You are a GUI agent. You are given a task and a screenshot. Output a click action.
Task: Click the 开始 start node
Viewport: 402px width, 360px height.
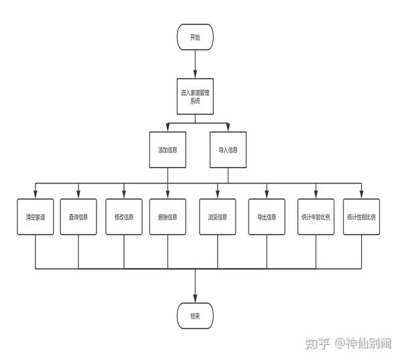[x=195, y=37]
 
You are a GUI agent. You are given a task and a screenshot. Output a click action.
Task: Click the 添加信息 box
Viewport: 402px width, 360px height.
[x=167, y=149]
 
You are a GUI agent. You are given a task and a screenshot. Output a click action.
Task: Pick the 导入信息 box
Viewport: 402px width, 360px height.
[x=228, y=149]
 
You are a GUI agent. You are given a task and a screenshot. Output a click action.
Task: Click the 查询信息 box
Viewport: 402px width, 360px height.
[x=78, y=217]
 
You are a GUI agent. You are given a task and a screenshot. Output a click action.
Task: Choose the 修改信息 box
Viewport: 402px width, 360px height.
[x=124, y=217]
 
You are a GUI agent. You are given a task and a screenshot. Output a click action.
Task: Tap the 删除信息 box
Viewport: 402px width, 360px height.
[x=167, y=217]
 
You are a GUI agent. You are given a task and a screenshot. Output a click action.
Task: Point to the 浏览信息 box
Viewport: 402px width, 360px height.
[x=218, y=217]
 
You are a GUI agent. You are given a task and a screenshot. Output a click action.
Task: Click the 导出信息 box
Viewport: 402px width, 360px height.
[x=267, y=217]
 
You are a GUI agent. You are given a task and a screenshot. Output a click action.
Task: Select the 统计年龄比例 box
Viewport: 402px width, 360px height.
[x=316, y=217]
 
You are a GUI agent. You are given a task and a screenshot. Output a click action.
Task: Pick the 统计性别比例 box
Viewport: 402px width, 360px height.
[x=362, y=217]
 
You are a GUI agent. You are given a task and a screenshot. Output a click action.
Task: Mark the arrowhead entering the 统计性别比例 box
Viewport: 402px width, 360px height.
[x=362, y=194]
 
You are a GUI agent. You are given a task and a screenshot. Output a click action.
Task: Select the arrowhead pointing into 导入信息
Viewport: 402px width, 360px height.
[x=228, y=127]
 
